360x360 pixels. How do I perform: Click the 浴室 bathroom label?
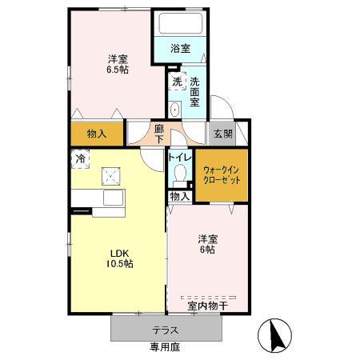tap(180, 49)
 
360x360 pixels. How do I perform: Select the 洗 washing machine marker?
tap(176, 81)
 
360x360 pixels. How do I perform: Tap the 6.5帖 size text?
tap(118, 69)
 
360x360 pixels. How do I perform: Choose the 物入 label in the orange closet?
tap(97, 134)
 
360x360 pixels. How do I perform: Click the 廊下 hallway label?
tap(159, 134)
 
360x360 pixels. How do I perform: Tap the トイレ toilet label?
tap(179, 157)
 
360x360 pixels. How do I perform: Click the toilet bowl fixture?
tap(179, 174)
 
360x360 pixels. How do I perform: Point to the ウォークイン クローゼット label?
tap(221, 175)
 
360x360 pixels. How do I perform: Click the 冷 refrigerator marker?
tap(80, 158)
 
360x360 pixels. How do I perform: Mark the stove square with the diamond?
tap(110, 175)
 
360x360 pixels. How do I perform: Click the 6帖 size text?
tap(208, 250)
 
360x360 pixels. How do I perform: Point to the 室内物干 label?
tap(208, 304)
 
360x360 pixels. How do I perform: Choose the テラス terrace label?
tap(165, 330)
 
